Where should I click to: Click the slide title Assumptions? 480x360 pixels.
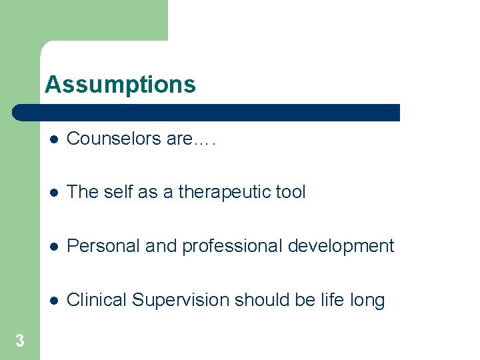click(x=120, y=85)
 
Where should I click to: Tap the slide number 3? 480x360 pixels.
click(x=20, y=341)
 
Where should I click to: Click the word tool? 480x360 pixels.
click(x=290, y=193)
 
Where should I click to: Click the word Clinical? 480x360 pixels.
click(x=97, y=300)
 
